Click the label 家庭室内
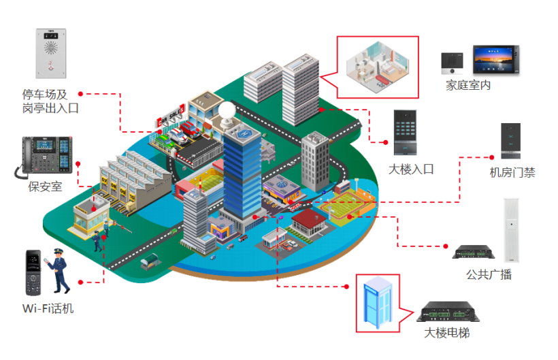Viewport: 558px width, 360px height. coord(468,86)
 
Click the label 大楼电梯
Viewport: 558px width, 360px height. coord(447,333)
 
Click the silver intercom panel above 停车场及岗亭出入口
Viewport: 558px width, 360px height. coord(51,53)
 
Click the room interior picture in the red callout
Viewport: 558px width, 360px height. coord(378,67)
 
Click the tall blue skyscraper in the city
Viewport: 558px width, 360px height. coord(241,169)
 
